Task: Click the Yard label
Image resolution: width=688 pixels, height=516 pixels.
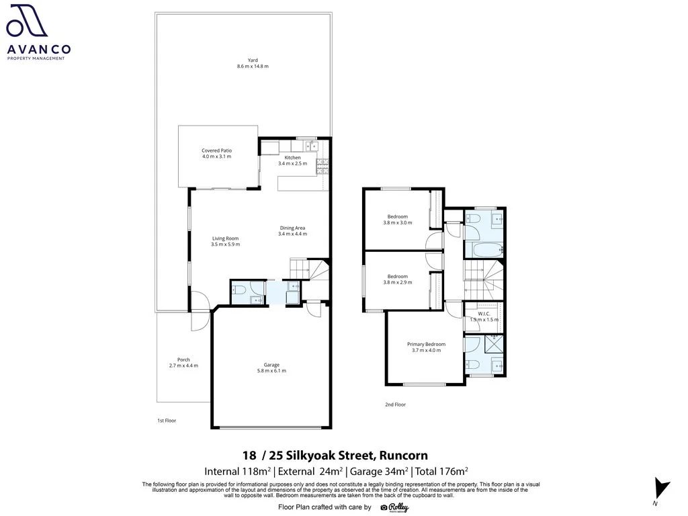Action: pos(253,60)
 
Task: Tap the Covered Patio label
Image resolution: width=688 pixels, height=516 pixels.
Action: pos(217,150)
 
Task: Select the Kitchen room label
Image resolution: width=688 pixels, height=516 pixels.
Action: pos(293,157)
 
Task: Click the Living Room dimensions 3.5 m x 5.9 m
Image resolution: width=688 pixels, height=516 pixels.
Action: pos(226,245)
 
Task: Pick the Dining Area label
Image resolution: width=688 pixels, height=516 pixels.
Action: pos(293,228)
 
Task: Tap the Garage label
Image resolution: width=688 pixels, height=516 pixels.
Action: pos(271,365)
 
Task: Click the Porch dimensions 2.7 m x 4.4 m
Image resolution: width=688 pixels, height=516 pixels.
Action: pos(183,365)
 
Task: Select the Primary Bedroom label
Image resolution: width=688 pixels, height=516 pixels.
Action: pos(426,345)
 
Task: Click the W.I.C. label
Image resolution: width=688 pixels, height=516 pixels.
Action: pos(484,314)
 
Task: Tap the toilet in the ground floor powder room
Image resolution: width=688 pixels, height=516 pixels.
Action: pos(239,290)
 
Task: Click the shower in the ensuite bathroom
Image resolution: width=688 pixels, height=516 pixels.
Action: pos(494,343)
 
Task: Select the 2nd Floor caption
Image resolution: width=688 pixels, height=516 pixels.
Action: pos(395,404)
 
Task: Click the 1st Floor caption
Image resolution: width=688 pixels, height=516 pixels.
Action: pos(167,421)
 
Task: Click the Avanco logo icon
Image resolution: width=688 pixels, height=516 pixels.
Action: pos(27,20)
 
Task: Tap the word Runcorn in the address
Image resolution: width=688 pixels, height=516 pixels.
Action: pos(404,456)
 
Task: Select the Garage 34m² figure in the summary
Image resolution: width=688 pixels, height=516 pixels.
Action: pos(379,471)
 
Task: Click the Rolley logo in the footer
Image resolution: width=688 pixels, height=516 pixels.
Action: pos(394,507)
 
